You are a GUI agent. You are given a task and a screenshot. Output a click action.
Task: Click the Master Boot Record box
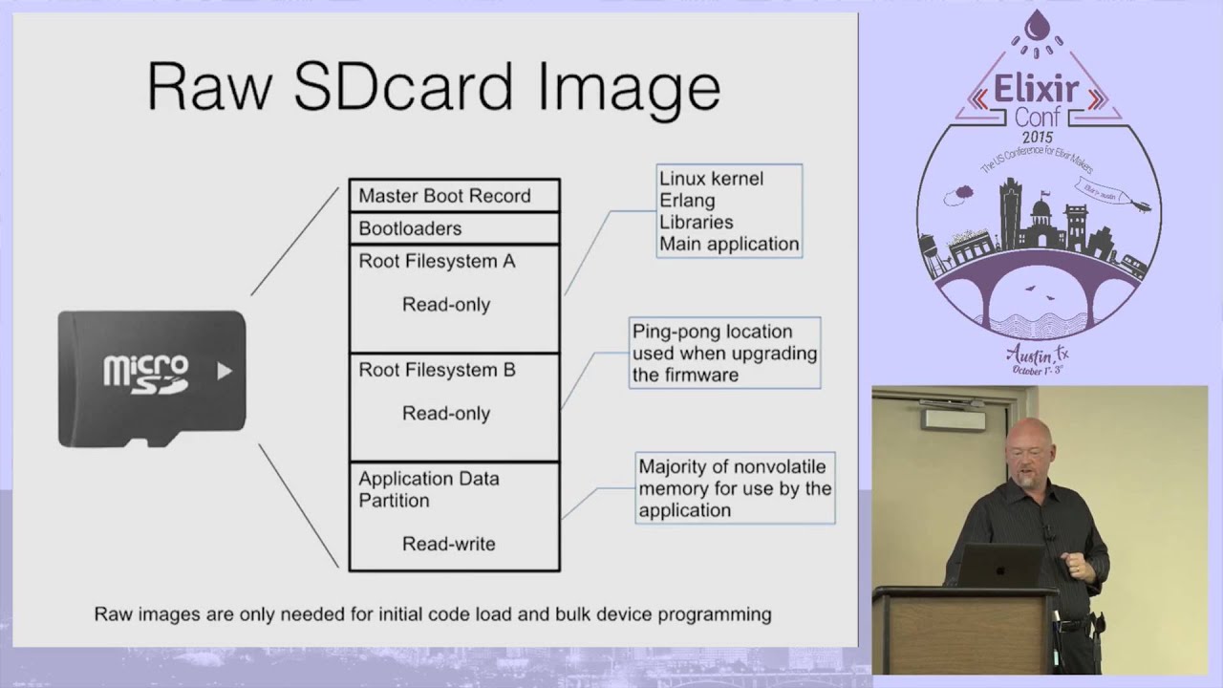(x=454, y=196)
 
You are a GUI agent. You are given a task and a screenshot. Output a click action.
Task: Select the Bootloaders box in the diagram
(x=454, y=228)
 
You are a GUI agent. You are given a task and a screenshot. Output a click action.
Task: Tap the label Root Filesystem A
(x=437, y=261)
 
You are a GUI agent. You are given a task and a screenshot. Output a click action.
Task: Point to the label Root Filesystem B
(x=437, y=370)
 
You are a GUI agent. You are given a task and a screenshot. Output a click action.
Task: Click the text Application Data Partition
(x=428, y=489)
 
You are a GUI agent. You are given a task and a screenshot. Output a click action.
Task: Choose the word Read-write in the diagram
(x=448, y=544)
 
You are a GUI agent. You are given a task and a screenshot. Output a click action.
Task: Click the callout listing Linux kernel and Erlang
(x=729, y=211)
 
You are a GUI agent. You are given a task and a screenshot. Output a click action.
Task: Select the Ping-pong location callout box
(x=724, y=353)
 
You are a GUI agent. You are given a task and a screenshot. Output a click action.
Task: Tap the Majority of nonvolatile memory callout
(x=735, y=488)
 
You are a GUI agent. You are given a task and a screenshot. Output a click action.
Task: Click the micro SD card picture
(x=152, y=378)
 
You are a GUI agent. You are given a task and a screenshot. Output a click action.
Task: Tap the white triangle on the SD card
(x=225, y=370)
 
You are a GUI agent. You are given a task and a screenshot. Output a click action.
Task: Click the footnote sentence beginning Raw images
(x=432, y=614)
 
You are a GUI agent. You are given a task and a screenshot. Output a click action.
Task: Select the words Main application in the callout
(x=728, y=244)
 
